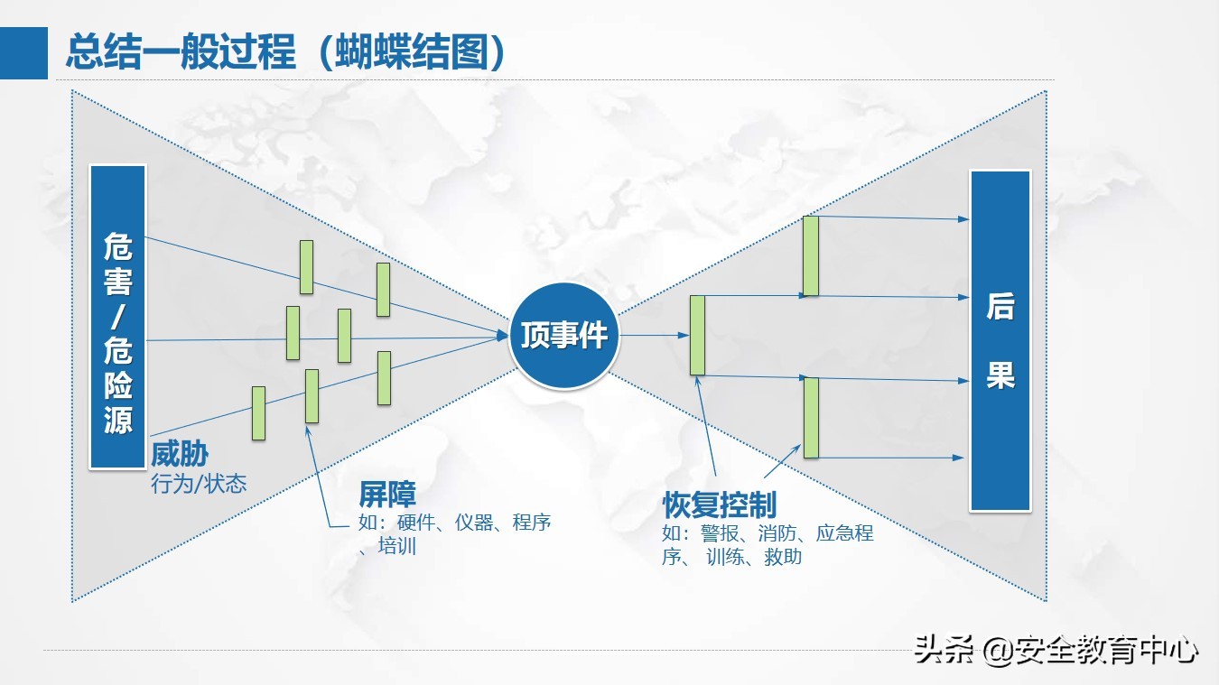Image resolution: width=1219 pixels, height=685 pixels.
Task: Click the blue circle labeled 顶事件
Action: (x=564, y=336)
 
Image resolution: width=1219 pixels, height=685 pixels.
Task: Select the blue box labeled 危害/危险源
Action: (x=117, y=316)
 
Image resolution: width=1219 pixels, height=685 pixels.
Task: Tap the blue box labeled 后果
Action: (x=1000, y=341)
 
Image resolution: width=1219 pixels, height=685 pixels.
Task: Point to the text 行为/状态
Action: (x=199, y=484)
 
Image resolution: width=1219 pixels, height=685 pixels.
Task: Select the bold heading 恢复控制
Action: (x=719, y=504)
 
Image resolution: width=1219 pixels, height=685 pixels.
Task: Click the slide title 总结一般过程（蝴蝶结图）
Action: (x=285, y=52)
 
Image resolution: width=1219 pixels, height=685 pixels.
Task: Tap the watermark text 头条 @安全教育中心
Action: (x=1056, y=650)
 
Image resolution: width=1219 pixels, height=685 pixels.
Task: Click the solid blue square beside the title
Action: (x=23, y=52)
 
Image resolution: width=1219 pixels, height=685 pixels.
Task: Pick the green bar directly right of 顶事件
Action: (x=697, y=335)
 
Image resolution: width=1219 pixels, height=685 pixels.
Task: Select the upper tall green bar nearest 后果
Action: (x=811, y=255)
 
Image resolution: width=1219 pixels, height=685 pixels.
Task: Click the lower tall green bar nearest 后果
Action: (x=811, y=417)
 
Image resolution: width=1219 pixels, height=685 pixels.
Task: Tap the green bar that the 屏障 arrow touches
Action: (x=312, y=395)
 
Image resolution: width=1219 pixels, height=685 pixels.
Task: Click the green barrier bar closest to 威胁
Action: (x=258, y=412)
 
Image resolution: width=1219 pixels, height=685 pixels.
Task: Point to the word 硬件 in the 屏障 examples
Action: (x=416, y=523)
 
